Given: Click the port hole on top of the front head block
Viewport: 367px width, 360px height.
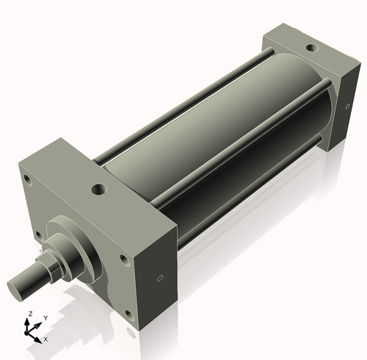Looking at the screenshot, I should coord(98,190).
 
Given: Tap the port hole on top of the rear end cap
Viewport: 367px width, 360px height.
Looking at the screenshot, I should coord(311,48).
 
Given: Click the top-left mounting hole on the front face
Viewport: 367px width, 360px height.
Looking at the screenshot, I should coord(27,179).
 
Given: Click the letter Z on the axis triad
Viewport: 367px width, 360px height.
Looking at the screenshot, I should coord(29,314).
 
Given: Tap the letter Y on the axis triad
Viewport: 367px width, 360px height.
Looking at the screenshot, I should coord(45,318).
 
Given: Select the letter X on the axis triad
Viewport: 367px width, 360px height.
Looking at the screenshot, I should coord(46,339).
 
